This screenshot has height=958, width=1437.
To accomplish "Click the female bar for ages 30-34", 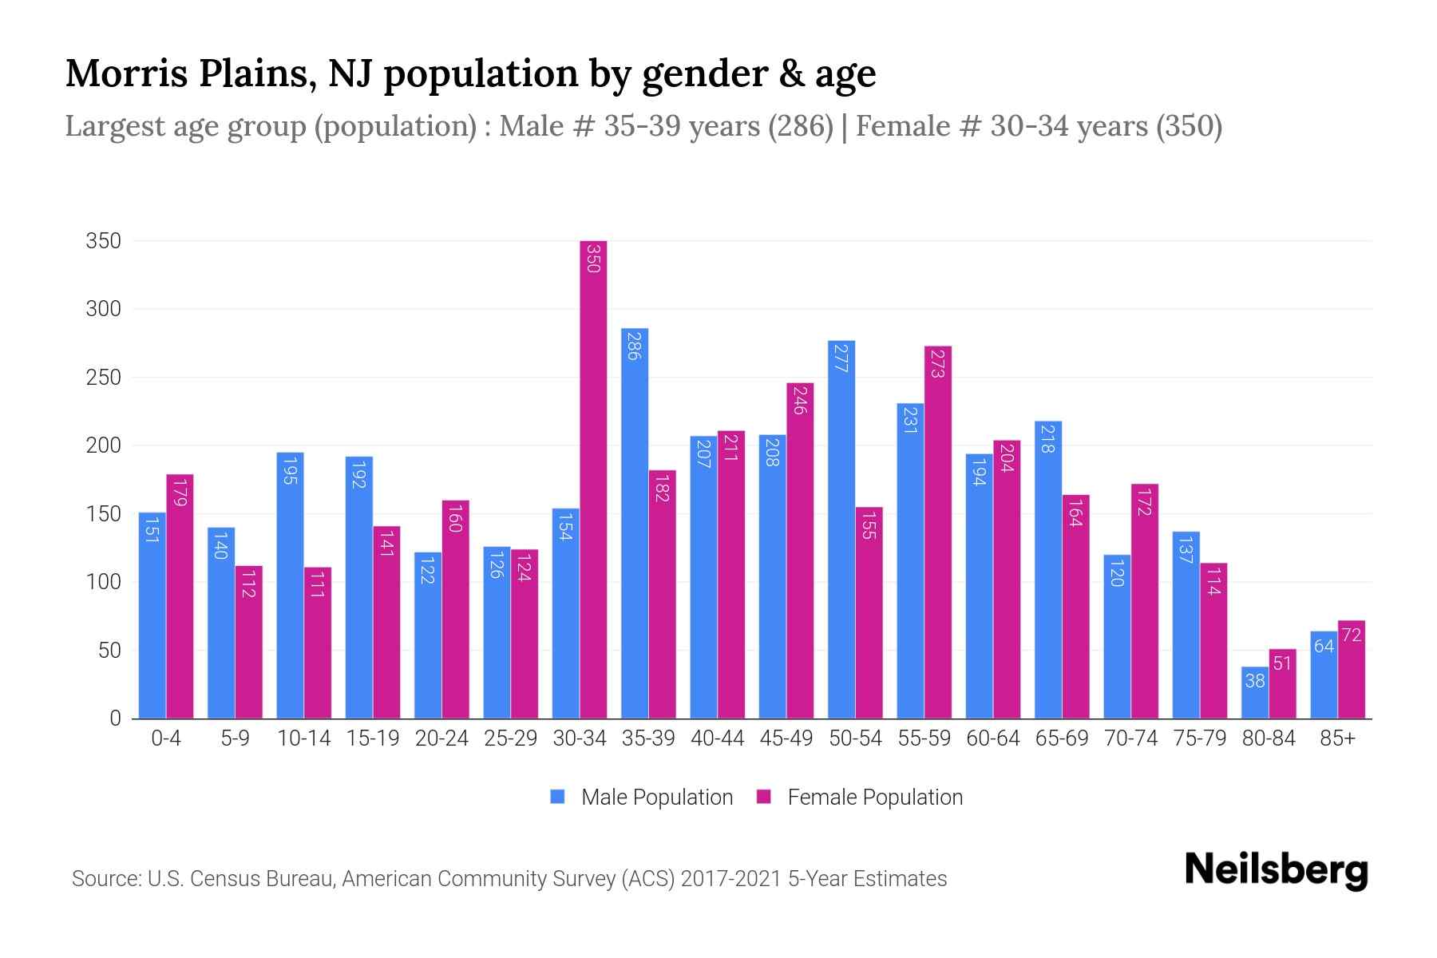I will (x=593, y=479).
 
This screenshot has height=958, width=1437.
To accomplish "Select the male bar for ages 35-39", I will (x=635, y=523).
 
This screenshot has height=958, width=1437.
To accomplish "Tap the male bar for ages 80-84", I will (x=1255, y=693).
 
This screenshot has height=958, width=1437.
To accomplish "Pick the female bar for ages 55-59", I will (x=938, y=532).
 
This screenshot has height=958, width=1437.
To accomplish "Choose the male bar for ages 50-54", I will (x=841, y=529).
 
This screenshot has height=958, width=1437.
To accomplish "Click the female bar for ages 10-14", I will (x=318, y=643).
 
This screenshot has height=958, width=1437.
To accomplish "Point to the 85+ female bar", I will (x=1352, y=669).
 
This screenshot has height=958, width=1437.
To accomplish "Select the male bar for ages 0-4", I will (x=152, y=615).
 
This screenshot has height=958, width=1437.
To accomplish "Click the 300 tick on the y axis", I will (x=104, y=309).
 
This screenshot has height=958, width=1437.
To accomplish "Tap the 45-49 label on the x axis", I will (x=786, y=738).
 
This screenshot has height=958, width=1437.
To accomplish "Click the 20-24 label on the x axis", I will (x=441, y=738).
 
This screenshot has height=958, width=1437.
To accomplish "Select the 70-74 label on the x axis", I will (x=1130, y=738).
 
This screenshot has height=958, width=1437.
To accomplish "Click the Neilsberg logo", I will (x=1276, y=870).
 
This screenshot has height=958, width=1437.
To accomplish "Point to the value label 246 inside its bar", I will (x=800, y=399).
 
